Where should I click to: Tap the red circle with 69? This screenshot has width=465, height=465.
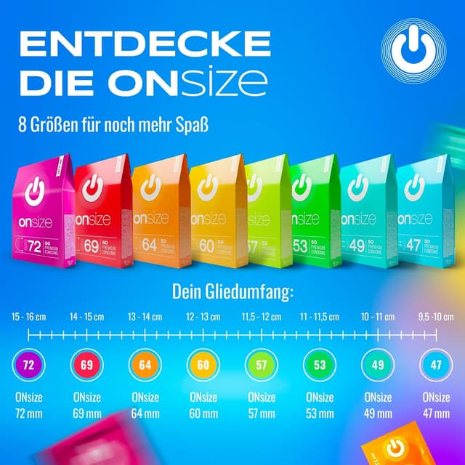point(86,364)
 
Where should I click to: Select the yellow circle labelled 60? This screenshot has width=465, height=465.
point(203,364)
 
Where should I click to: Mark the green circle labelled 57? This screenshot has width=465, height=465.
point(261,364)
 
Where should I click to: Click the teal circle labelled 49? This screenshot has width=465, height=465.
point(378,364)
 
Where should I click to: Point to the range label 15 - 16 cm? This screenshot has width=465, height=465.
point(28,317)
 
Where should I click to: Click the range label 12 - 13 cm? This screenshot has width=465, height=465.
point(203,317)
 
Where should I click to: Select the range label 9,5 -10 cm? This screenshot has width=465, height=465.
point(436,317)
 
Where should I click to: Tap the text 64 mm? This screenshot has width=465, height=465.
point(145,414)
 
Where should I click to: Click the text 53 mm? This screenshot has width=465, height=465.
point(320,414)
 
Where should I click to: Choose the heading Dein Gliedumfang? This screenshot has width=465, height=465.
point(232,293)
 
